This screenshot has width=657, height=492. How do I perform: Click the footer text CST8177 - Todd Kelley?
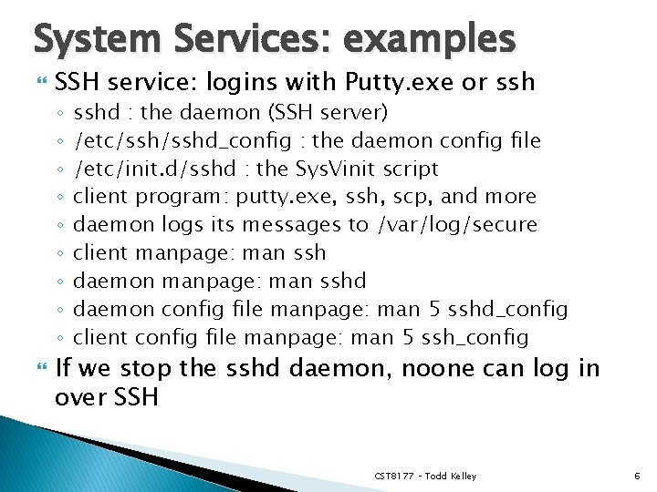point(424,477)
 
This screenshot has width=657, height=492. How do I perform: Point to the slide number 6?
point(636,477)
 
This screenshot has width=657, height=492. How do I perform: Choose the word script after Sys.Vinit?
point(409,169)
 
